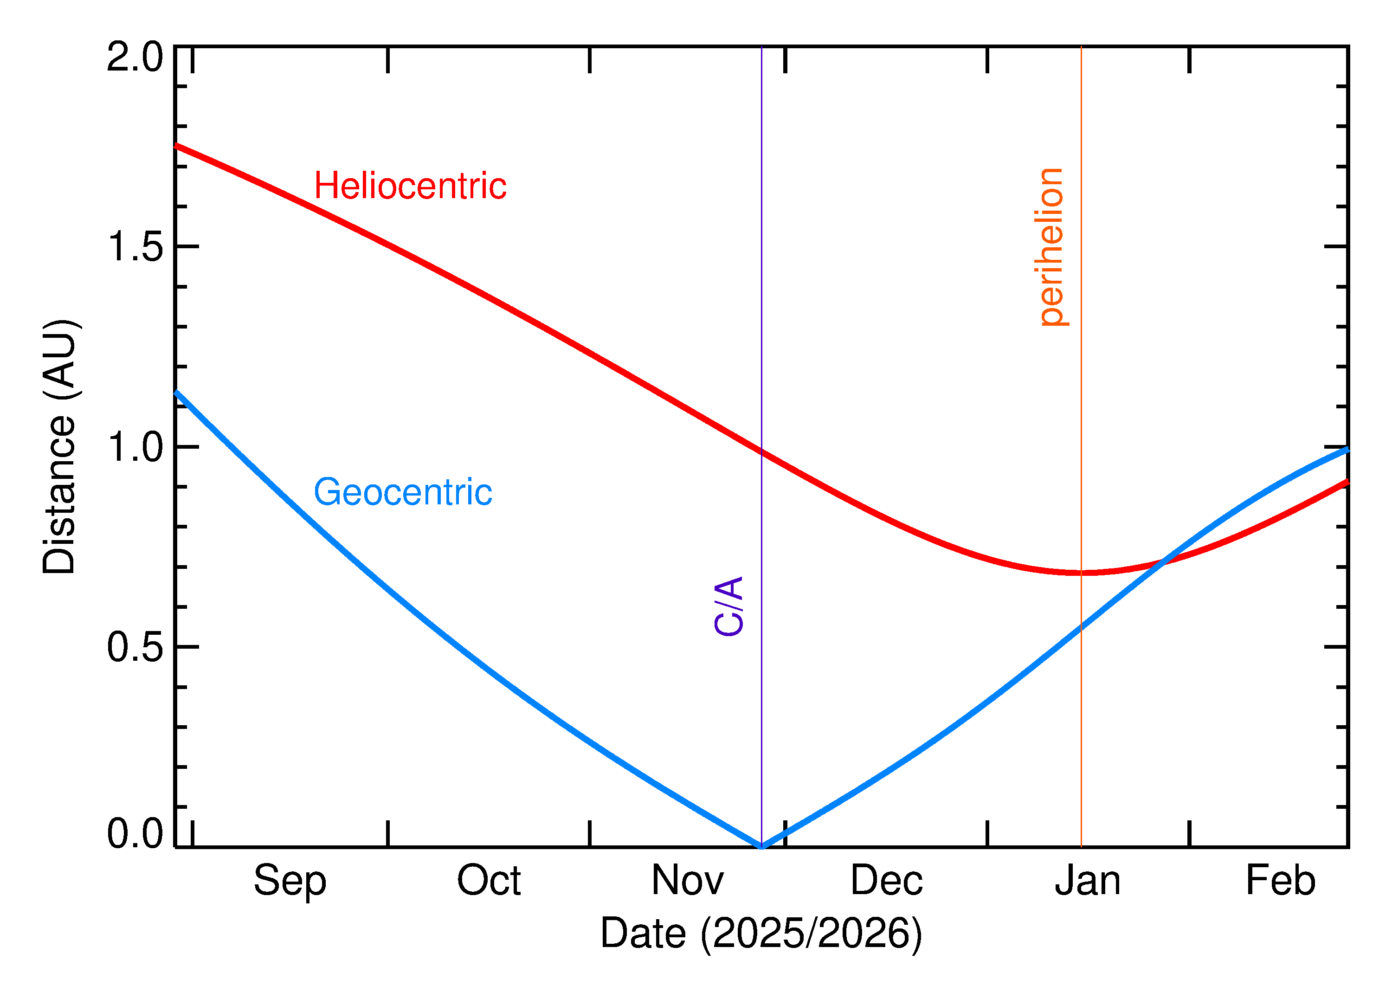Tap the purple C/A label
point(729,606)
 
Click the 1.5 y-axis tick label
point(135,247)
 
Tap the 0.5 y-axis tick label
point(135,647)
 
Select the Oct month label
point(489,880)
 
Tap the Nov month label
point(687,880)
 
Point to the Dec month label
point(886,880)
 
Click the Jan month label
point(1087,880)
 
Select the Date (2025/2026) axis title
point(761,933)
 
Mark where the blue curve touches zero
point(761,846)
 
